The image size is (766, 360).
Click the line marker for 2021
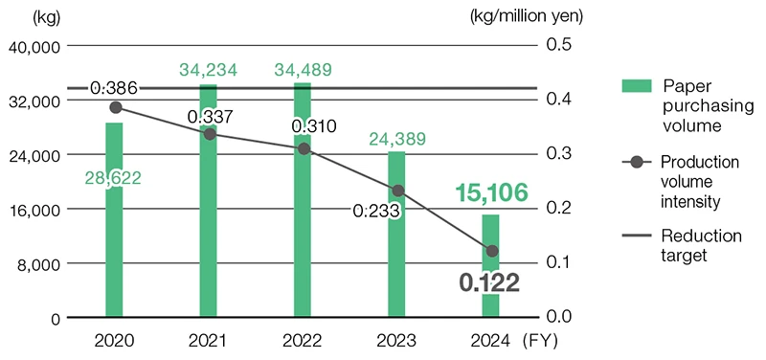click(x=209, y=134)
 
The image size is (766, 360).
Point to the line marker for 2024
click(x=492, y=251)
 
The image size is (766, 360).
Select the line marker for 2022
click(x=304, y=148)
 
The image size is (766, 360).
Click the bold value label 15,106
click(x=490, y=193)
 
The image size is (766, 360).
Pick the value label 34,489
click(x=303, y=70)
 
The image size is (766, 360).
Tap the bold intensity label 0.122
click(x=488, y=282)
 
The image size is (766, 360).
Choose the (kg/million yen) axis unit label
click(x=527, y=15)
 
